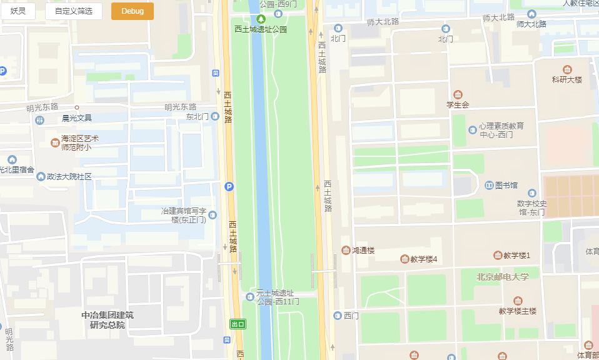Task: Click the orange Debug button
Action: pos(132,11)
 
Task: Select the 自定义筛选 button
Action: pos(73,11)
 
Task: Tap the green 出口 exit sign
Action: pos(238,324)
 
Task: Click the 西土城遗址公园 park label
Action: pos(261,29)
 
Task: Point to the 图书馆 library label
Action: pos(506,186)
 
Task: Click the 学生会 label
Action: pos(457,104)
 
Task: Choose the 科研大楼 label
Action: pos(566,79)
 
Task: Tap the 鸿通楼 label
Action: pos(363,251)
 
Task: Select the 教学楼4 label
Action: pos(423,259)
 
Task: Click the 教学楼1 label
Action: pos(516,256)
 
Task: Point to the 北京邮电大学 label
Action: pos(502,277)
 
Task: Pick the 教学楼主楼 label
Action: pos(517,311)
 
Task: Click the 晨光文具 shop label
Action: pos(76,117)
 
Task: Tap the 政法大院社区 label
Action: pos(69,177)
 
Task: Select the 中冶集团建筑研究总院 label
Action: pos(108,320)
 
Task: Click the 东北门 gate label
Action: pos(198,117)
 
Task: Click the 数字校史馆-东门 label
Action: pos(531,207)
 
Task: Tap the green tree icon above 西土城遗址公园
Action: pos(261,19)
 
